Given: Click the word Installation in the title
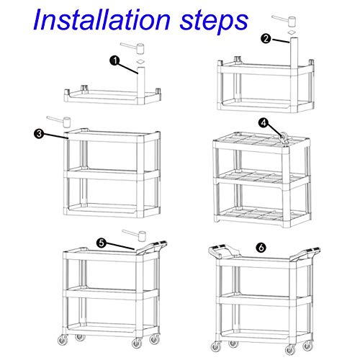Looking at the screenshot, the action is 102,19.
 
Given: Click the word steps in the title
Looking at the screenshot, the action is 214,21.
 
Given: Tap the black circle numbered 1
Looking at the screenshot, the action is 114,60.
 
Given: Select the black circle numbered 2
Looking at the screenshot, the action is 266,38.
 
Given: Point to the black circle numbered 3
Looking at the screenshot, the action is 39,133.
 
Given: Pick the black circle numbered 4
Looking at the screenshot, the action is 264,123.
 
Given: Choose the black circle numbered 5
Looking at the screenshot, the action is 102,243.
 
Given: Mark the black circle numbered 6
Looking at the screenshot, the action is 261,247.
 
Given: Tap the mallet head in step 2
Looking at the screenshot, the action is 292,22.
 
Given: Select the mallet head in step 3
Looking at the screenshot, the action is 66,122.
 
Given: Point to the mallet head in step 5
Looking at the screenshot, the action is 142,236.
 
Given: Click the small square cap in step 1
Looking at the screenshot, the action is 140,62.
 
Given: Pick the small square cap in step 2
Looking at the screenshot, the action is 292,32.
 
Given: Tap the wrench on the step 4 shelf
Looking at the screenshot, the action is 284,138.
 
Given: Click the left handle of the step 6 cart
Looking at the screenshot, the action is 224,251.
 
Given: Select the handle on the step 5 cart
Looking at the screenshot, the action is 151,247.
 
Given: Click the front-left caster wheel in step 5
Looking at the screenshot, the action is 63,340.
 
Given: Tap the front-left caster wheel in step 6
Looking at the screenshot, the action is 216,346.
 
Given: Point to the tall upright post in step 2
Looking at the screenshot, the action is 294,74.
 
